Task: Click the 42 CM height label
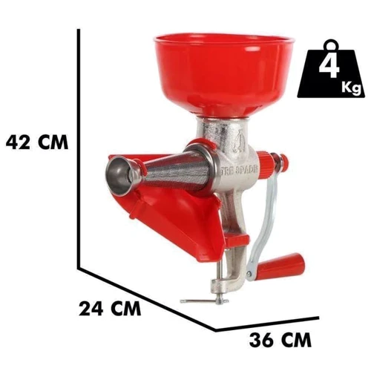[37, 142]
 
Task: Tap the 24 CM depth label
[110, 309]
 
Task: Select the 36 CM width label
[280, 341]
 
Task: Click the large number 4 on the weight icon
[329, 67]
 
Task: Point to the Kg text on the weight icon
[351, 87]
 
